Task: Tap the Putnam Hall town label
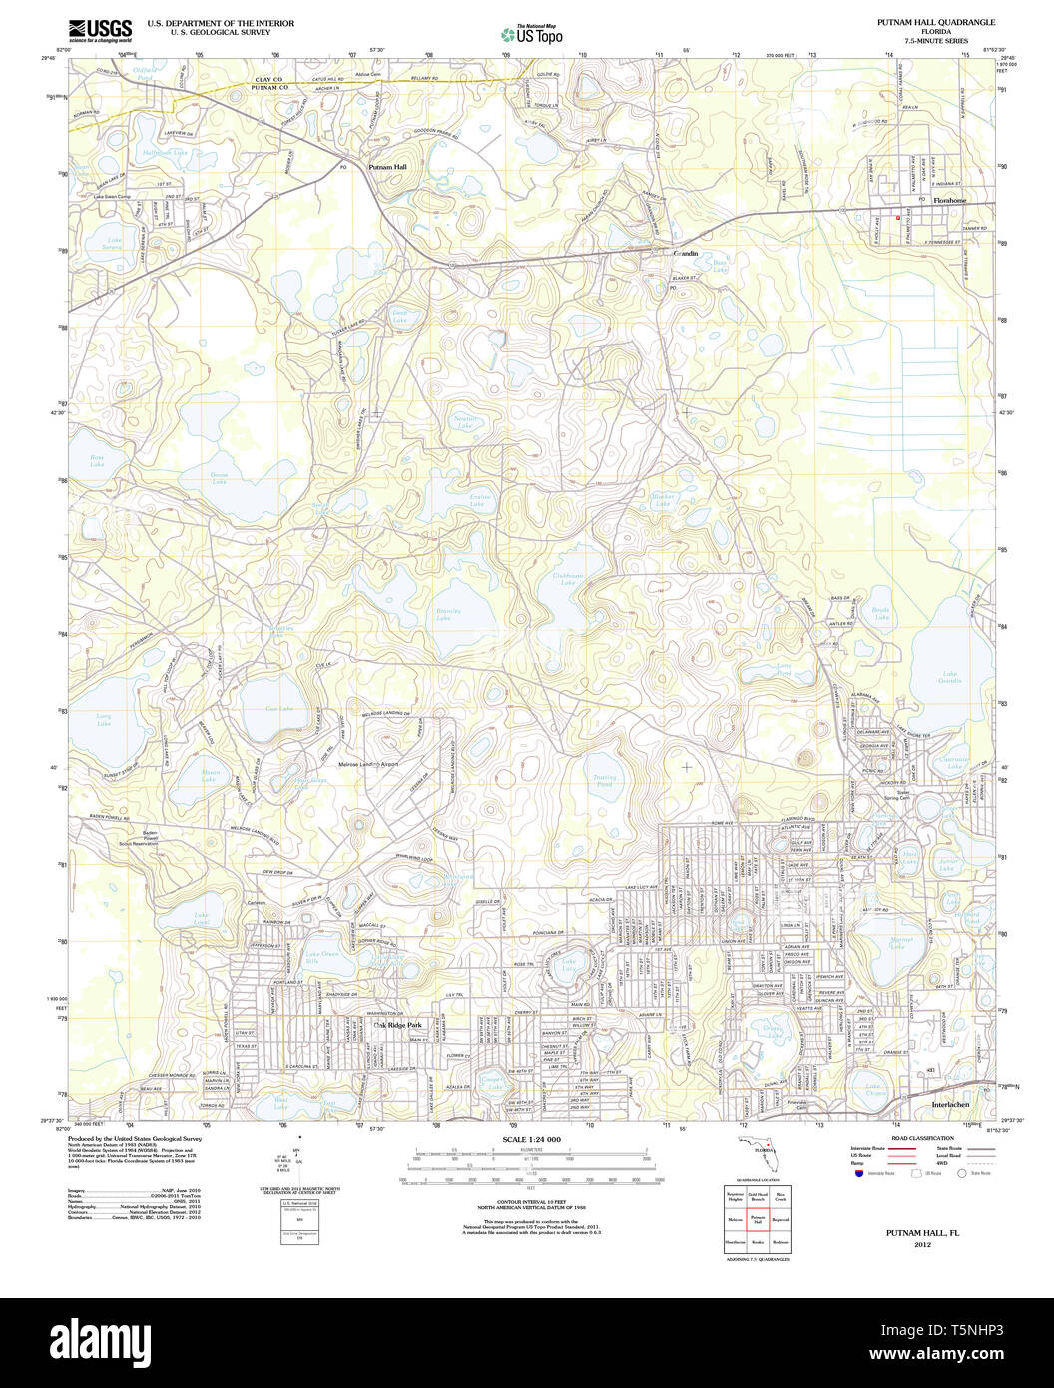[x=387, y=168]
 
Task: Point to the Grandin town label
[x=686, y=254]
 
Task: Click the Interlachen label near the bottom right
[x=951, y=1106]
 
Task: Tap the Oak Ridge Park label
[x=398, y=1026]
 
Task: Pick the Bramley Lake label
[x=443, y=614]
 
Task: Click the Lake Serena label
[x=119, y=243]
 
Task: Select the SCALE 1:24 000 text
[x=531, y=1140]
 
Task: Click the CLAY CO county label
[x=268, y=78]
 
